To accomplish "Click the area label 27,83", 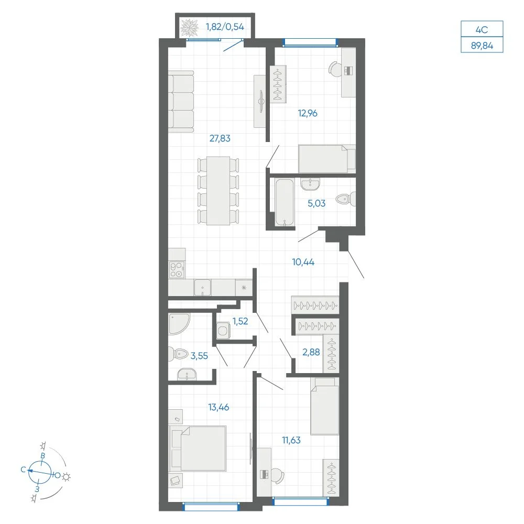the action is (220, 138).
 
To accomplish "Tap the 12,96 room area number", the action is (308, 113).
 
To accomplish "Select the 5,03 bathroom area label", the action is (316, 203).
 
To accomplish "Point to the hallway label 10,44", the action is (303, 262).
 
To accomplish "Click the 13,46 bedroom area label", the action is (219, 407).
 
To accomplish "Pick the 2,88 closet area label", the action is (311, 352).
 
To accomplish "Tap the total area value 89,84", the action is (482, 45).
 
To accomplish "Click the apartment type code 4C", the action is (482, 30).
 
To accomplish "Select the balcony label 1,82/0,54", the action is (225, 27).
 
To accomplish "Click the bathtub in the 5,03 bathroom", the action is (284, 202).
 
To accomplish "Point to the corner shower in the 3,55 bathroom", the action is (179, 323).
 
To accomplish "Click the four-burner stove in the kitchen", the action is (177, 270).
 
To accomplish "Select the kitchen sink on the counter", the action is (202, 288).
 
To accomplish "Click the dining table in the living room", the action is (218, 191).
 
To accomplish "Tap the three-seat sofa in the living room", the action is (181, 101).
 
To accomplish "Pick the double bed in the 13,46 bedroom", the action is (198, 448).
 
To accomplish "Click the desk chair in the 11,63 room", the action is (277, 475).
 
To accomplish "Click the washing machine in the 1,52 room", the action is (223, 331).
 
